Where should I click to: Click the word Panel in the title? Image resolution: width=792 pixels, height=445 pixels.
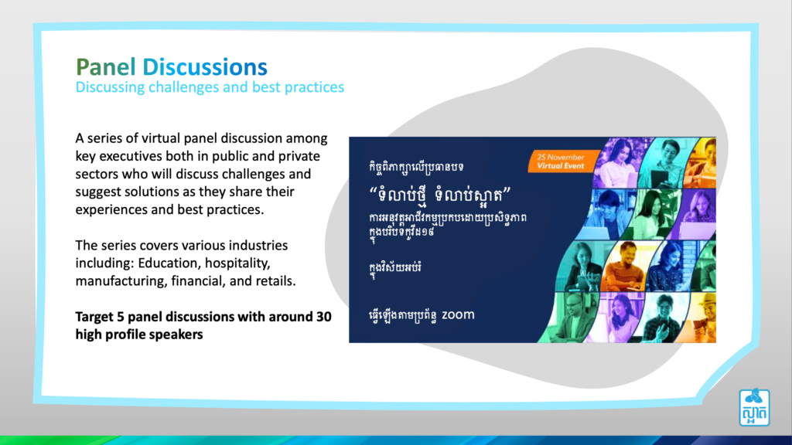pos(105,67)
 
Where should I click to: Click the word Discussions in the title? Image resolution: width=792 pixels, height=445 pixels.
pos(204,67)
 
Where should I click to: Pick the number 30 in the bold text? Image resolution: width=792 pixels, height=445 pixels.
pos(324,317)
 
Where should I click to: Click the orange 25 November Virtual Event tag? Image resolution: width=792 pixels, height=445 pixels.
pos(561,161)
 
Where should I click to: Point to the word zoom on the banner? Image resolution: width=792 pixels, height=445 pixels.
pos(458,315)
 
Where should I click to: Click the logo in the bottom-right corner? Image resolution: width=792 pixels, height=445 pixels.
pos(754,407)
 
